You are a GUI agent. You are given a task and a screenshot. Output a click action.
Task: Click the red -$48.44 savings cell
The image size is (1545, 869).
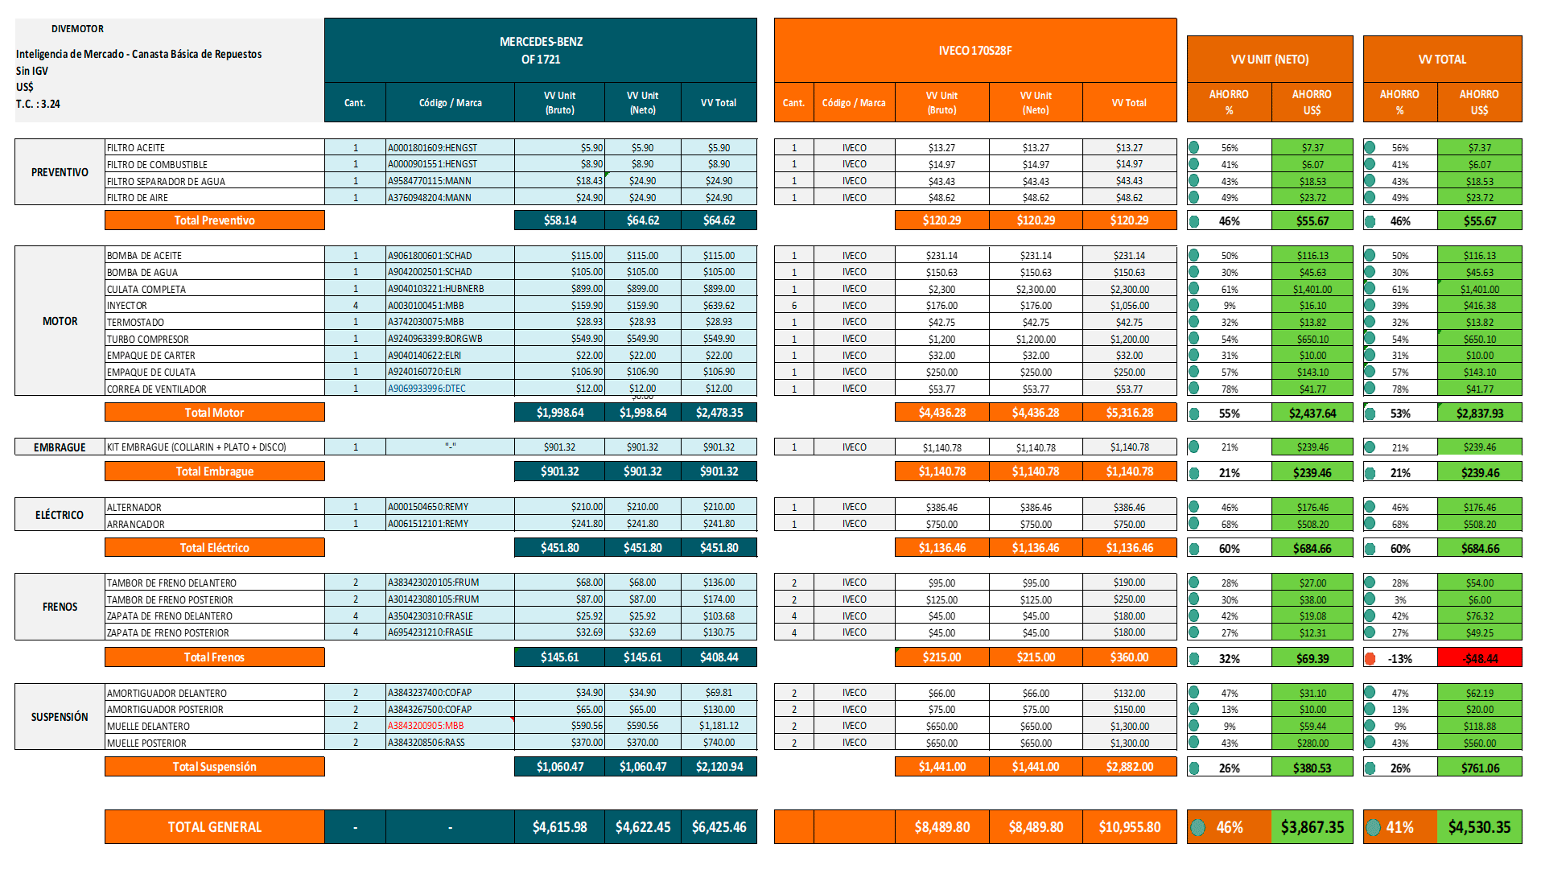click(x=1480, y=658)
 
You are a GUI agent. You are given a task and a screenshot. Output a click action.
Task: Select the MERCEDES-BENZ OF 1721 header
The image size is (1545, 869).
click(x=541, y=51)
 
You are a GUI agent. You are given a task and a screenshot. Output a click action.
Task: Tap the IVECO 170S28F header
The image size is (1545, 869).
click(x=975, y=51)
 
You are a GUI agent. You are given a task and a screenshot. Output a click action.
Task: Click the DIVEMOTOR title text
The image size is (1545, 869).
click(x=77, y=29)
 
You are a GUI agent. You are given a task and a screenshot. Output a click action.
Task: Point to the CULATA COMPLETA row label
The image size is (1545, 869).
click(x=146, y=289)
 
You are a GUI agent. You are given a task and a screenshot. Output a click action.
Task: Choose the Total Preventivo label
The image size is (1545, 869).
click(x=214, y=220)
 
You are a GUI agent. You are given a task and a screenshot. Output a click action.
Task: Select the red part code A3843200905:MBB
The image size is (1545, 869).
click(x=426, y=726)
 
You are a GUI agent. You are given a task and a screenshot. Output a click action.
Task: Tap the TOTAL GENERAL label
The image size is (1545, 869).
click(x=214, y=827)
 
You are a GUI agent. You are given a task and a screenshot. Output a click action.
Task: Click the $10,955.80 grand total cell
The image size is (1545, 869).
click(x=1130, y=827)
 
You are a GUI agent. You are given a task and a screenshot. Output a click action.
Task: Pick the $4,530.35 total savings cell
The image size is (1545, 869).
click(x=1479, y=827)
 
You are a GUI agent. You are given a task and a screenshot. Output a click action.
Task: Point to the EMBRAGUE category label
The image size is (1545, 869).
click(x=60, y=447)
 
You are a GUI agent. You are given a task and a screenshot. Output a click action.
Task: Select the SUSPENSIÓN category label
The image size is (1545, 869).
click(x=60, y=717)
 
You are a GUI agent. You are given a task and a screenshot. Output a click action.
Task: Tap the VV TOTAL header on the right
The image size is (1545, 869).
click(x=1442, y=60)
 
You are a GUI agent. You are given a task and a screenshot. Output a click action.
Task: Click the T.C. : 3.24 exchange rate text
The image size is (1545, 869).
click(x=38, y=104)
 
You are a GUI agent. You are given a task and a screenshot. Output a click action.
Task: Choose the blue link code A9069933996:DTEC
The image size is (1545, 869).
click(x=426, y=389)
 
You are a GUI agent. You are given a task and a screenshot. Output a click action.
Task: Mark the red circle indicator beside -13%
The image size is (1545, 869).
click(x=1370, y=658)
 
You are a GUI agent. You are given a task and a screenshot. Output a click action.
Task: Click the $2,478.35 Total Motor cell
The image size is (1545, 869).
click(x=719, y=413)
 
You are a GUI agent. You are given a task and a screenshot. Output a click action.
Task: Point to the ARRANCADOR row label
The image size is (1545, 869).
click(x=136, y=524)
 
